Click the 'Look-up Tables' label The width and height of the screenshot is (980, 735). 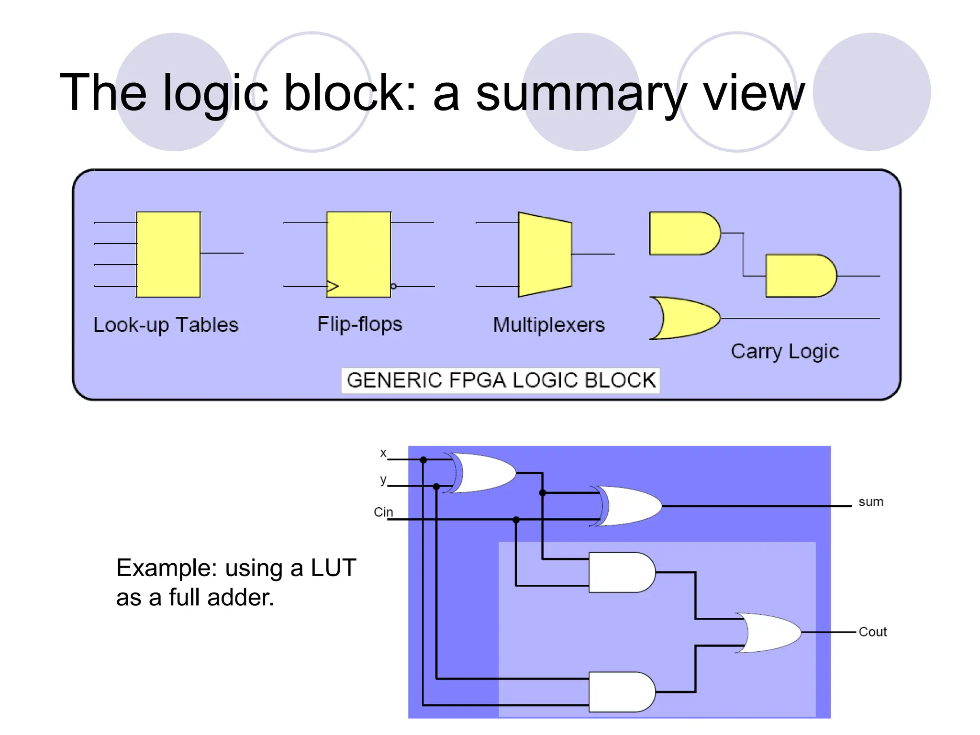coord(166,325)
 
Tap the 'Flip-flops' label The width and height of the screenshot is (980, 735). coord(360,324)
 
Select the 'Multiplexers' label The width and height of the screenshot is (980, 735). coord(549,325)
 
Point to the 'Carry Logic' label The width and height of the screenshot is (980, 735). coord(785,351)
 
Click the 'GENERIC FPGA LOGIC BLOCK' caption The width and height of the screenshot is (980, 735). coord(501,380)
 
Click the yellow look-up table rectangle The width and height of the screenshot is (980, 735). coord(168,254)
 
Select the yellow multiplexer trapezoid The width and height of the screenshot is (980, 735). coord(545,254)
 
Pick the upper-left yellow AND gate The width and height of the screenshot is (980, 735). coord(683,234)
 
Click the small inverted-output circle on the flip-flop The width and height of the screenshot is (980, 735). coord(393,286)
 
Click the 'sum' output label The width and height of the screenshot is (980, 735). coord(870,502)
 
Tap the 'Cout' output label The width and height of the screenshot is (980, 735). coord(872,632)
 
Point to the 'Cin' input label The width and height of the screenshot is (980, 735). coord(383,512)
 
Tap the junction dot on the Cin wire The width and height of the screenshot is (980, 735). coord(516,520)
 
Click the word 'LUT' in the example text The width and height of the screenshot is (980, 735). coord(333,568)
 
